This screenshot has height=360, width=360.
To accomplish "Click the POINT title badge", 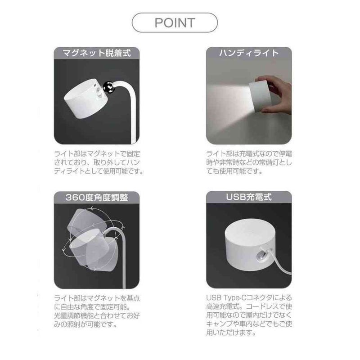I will (175, 22).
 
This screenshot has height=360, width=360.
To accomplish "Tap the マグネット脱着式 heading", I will (96, 53).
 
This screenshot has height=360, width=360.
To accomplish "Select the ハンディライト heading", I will (249, 53).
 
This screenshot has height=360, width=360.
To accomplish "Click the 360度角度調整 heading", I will (96, 197).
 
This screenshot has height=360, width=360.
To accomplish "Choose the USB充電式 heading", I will (249, 197).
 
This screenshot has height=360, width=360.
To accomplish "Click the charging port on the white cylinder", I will (260, 257).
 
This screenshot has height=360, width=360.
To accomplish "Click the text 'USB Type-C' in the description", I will (225, 297).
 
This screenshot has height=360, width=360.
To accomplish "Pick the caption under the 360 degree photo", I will (96, 310).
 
